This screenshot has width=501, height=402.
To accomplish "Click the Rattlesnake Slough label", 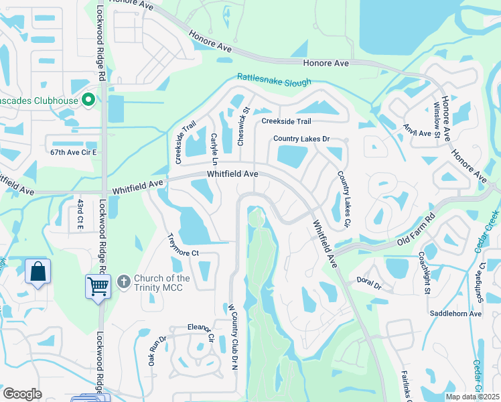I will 273,80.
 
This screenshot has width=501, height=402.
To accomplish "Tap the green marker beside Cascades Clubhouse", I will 88,100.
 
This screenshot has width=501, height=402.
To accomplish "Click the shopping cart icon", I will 98,287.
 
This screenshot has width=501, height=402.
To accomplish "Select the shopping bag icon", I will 38,273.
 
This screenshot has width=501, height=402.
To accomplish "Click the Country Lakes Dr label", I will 301,139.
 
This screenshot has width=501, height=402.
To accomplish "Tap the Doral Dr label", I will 368,283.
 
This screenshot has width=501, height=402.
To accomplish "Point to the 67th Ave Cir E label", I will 74,152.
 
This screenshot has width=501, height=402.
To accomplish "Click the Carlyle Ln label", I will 214,149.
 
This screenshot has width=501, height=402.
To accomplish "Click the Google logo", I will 22,393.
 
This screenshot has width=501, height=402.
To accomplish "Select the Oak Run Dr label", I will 152,350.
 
